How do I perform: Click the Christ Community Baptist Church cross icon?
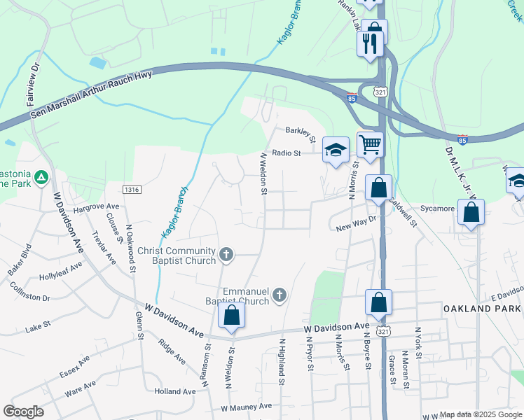click(x=226, y=254)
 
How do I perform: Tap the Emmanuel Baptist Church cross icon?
click(x=279, y=295)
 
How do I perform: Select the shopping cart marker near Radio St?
click(x=370, y=145)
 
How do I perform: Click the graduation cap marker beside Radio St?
click(x=336, y=149)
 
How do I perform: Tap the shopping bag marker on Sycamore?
click(x=471, y=212)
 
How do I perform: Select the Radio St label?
click(x=286, y=153)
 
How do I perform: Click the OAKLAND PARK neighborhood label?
click(x=483, y=309)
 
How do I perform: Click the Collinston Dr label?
click(x=30, y=293)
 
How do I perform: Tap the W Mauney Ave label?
click(x=246, y=407)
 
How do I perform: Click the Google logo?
click(x=23, y=412)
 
